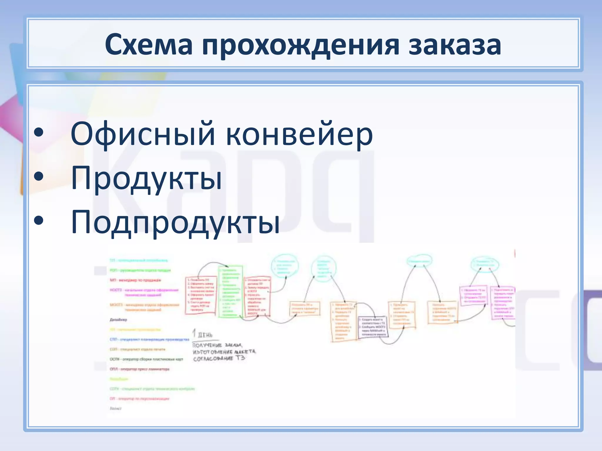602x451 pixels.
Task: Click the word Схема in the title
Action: [149, 45]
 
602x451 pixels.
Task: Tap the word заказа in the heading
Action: [454, 45]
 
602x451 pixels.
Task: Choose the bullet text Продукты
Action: [146, 178]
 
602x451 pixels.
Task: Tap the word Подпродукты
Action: [175, 222]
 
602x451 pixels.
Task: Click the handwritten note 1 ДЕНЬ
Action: [203, 334]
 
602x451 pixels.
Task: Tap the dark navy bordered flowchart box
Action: [373, 327]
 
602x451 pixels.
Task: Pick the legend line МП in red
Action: [135, 280]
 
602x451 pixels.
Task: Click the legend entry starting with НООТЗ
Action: [144, 292]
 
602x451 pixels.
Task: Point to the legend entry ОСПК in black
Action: [146, 359]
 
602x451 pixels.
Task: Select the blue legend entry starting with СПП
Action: [149, 339]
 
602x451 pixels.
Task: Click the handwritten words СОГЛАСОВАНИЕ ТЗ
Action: [219, 359]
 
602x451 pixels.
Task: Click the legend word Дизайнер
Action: [118, 319]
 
